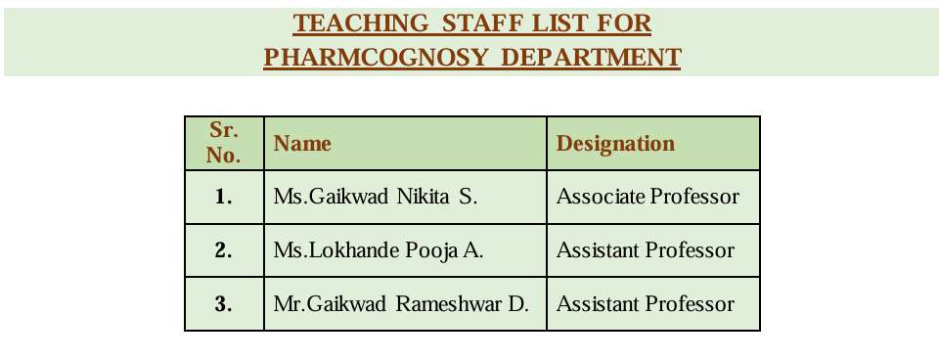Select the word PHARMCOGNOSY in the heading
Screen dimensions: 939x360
[x=376, y=58]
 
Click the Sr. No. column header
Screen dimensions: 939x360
[x=224, y=143]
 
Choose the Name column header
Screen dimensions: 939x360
[x=302, y=144]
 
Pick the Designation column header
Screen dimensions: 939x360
[x=615, y=144]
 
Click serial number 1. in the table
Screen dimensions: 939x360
[x=224, y=197]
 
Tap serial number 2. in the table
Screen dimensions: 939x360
[x=224, y=250]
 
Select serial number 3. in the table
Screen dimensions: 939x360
[x=224, y=303]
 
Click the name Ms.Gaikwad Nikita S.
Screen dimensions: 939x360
[x=376, y=197]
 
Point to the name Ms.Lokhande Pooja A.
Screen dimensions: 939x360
[x=379, y=250]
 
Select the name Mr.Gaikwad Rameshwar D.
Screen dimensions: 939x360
[x=401, y=303]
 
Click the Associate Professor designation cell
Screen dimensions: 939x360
[x=648, y=197]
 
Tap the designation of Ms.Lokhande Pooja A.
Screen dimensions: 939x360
[x=645, y=250]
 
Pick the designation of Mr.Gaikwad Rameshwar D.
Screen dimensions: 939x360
[x=645, y=303]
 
